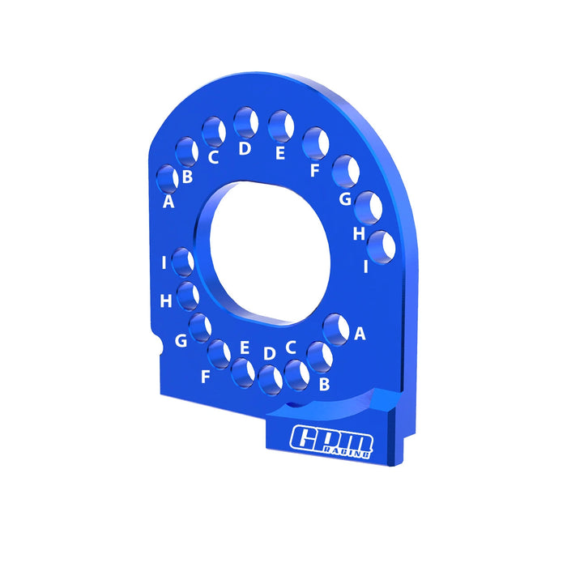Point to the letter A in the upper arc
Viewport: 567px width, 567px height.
(168, 202)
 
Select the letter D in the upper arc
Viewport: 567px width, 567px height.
(245, 149)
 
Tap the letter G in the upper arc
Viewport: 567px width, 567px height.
(345, 198)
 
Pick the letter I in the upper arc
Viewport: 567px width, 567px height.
(366, 265)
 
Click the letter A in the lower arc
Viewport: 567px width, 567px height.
(360, 333)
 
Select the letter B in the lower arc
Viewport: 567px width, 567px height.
(324, 384)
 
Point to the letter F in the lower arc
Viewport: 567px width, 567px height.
(206, 377)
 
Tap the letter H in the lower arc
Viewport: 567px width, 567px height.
(166, 301)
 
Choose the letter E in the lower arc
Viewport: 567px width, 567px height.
(245, 347)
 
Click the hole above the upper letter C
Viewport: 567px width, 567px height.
(213, 130)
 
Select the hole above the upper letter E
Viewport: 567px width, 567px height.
(280, 126)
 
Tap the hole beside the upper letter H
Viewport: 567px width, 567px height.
(369, 207)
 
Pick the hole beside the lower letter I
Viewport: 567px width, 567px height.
(182, 262)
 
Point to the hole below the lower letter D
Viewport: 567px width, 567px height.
(270, 377)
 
